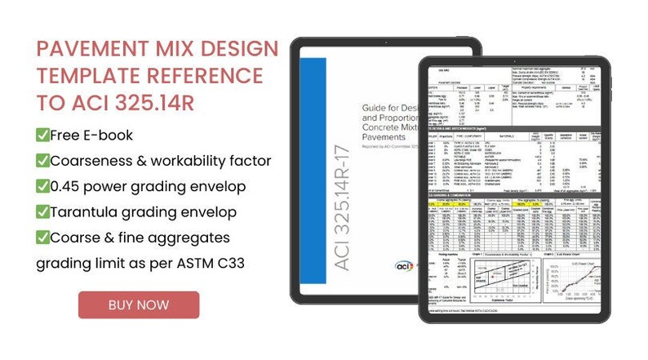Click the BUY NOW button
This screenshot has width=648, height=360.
(139, 304)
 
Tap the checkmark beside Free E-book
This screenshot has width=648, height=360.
(42, 135)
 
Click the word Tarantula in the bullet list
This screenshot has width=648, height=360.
(87, 211)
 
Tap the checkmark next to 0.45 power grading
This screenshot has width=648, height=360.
(42, 186)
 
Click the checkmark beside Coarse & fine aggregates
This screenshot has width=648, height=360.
(42, 238)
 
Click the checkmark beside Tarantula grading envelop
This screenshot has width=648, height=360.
(42, 211)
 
